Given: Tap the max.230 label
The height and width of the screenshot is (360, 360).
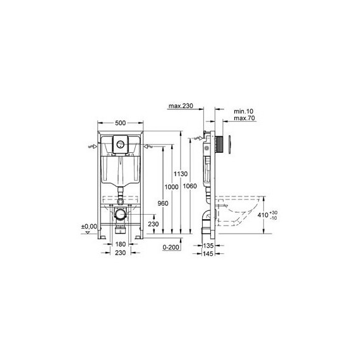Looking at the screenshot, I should pos(180,107).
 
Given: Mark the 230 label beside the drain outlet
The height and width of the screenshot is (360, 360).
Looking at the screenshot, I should pos(153,223).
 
